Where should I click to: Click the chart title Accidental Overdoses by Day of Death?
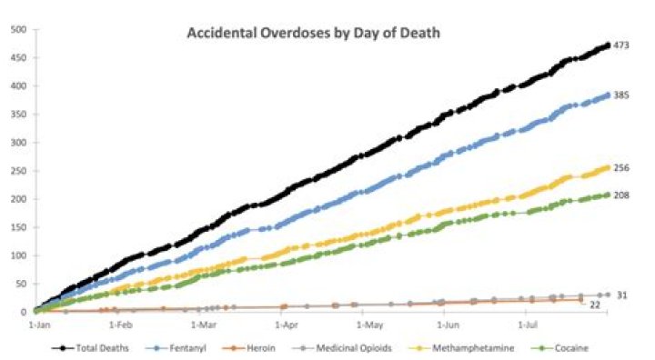pos(313,34)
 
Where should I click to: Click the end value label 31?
pos(620,295)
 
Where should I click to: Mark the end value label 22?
pos(595,305)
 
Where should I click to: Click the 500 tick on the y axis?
pos(16,29)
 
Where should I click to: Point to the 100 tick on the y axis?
pos(16,255)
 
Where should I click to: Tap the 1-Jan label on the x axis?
pos(40,323)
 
